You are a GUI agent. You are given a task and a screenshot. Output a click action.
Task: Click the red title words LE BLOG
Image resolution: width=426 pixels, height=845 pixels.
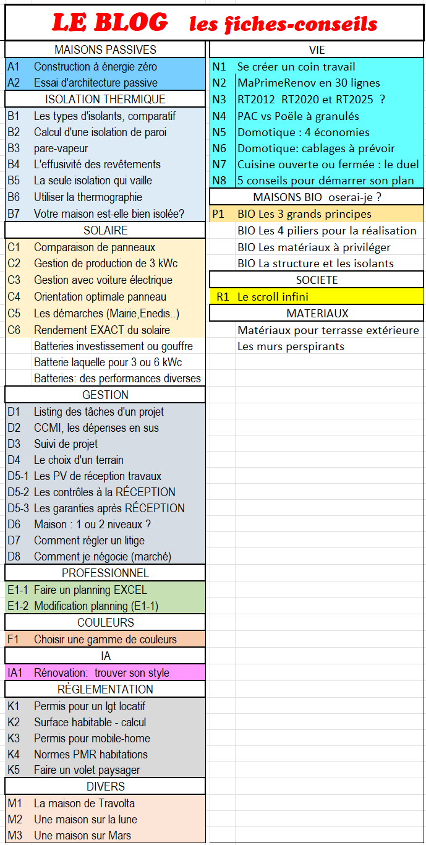coord(109,23)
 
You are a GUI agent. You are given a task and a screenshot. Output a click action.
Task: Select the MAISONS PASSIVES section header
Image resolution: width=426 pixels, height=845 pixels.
coord(105,50)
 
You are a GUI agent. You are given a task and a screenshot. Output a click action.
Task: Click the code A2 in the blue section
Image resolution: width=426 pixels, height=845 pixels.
coord(14,83)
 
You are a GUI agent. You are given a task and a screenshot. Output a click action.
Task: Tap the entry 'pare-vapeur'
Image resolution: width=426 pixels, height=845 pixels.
coord(61,148)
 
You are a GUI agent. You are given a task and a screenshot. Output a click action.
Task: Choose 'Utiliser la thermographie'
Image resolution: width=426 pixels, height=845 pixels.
coord(88,197)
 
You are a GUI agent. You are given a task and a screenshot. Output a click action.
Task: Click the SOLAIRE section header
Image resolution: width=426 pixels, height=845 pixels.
coord(105,230)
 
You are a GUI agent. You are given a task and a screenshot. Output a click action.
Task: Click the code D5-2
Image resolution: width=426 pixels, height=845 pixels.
coord(18,492)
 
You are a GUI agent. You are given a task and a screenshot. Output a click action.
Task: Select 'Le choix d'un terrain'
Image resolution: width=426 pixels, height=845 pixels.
coord(79,460)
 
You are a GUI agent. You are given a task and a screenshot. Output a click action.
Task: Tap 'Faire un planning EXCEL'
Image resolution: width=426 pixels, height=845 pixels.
coord(90,590)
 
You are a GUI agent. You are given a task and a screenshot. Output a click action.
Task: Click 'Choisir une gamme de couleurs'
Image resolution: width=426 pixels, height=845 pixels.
coord(105,640)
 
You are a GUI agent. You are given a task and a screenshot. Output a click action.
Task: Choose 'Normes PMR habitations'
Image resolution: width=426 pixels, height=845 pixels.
coord(90,755)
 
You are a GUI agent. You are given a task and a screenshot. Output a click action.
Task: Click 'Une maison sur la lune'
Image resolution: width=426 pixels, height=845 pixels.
coord(85,820)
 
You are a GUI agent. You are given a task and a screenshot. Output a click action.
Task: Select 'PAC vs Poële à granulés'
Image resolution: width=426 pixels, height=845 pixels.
coord(298,116)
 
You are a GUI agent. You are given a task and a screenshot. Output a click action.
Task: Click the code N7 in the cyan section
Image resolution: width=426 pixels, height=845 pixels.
coord(219,165)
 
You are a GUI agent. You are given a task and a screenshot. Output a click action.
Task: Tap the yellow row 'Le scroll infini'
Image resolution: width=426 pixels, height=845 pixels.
coord(273,297)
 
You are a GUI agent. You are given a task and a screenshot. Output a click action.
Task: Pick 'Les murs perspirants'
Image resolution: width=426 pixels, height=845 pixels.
coord(291,346)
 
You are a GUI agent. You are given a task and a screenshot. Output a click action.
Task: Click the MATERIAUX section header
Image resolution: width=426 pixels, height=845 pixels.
coord(317,314)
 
